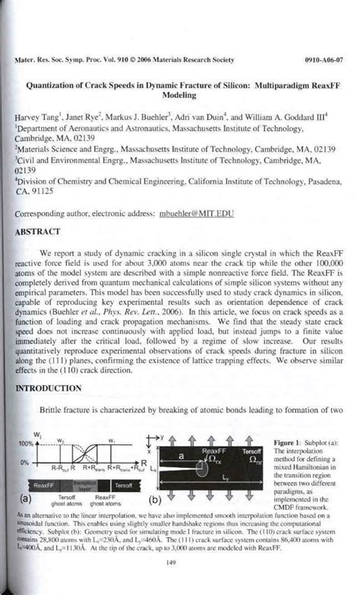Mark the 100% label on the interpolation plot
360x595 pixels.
click(27, 443)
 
